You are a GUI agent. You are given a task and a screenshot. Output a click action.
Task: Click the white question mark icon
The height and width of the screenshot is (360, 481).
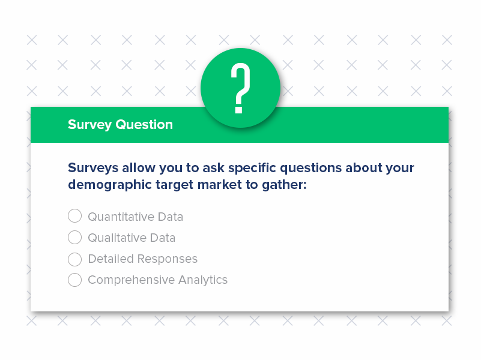[240, 89]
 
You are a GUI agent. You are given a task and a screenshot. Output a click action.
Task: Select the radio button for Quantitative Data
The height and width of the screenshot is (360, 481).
[74, 216]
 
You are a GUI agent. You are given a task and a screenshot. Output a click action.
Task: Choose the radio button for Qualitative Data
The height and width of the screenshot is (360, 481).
[74, 238]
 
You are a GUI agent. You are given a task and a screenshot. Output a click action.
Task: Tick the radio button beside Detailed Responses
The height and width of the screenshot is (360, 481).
[74, 259]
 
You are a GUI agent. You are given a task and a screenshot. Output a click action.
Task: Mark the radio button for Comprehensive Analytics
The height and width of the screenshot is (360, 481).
[74, 280]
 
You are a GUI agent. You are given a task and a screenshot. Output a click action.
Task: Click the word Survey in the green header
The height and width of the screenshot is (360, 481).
[89, 125]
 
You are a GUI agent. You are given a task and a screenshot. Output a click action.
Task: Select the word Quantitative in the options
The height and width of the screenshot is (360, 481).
[121, 217]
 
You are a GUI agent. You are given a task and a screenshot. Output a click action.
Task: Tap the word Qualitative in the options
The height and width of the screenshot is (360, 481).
[117, 238]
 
